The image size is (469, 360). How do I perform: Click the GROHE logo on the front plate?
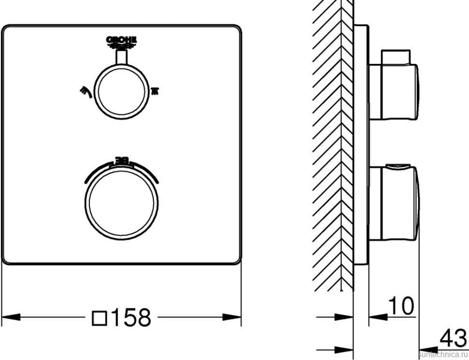coord(121,42)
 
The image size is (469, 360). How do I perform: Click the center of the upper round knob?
coord(121,90)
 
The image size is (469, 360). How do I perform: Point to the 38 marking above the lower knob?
coord(121,160)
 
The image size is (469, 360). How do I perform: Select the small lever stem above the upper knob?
coord(121,58)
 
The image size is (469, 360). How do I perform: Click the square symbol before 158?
coord(99,318)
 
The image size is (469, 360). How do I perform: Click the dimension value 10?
coord(402,306)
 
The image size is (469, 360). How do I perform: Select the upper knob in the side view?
coord(394,92)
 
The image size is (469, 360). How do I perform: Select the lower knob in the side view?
coord(394,203)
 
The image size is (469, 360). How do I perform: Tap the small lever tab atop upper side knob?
coord(397,57)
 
